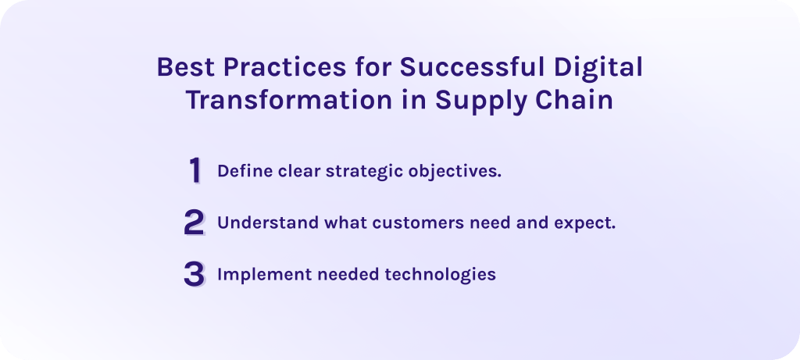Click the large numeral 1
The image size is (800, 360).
(195, 171)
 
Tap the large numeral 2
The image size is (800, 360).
(194, 223)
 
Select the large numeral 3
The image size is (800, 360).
(194, 274)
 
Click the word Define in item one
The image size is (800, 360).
(240, 171)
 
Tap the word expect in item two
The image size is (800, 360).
(588, 223)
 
